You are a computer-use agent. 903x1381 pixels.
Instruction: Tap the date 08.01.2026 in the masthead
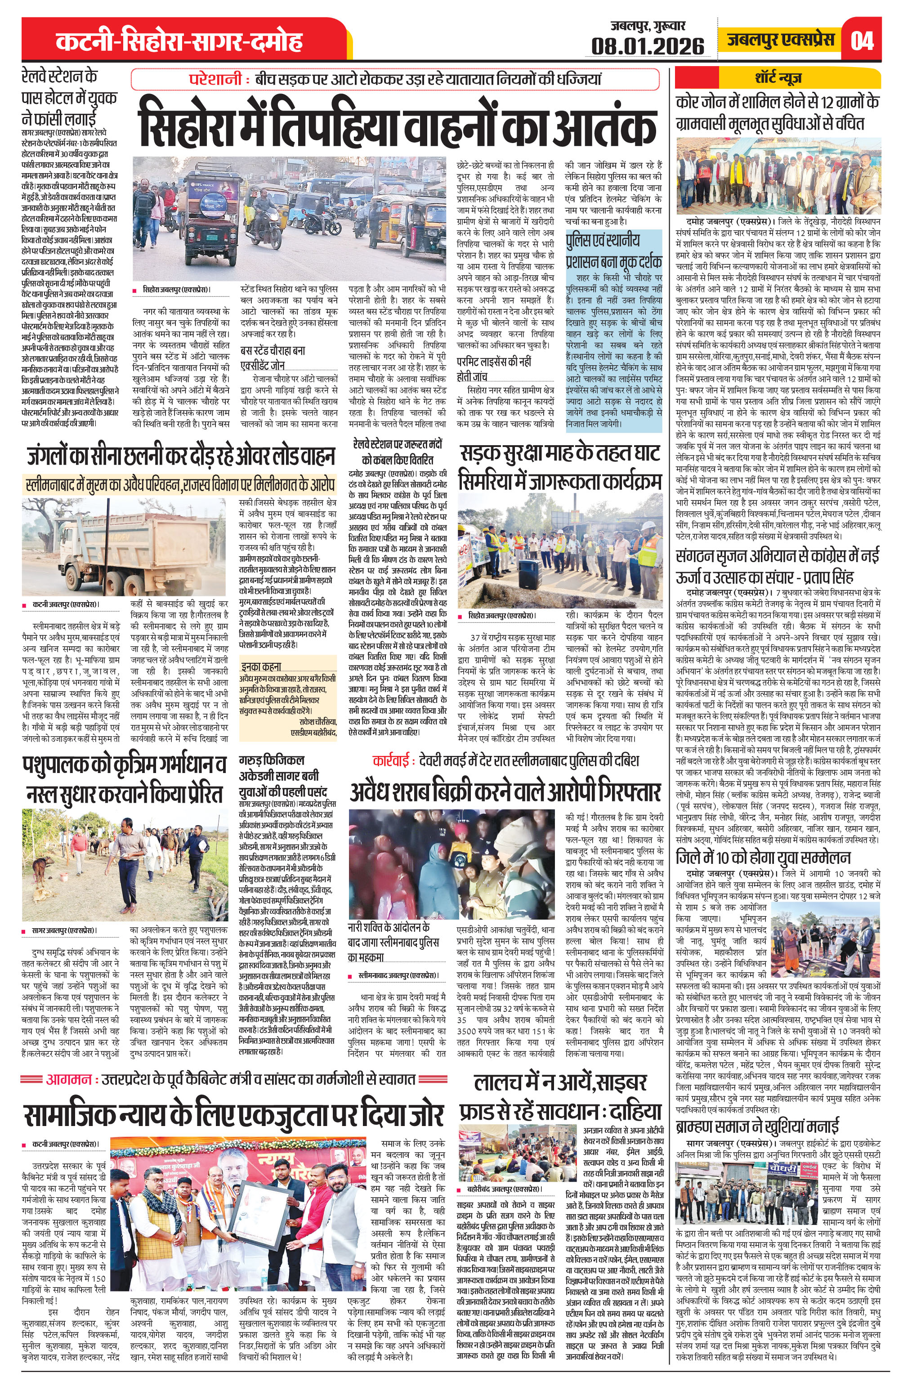coord(647,46)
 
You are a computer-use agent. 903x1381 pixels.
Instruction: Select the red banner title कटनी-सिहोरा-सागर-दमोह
coord(179,42)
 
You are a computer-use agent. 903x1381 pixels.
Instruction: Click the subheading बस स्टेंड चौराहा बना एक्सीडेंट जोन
coord(273,358)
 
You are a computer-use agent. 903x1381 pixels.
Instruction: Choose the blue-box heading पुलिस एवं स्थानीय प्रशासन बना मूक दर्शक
coord(613,250)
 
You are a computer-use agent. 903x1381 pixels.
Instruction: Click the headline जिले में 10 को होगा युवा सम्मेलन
coord(763,857)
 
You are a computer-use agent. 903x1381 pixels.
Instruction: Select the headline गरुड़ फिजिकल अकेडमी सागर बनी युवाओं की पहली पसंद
coord(282,775)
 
